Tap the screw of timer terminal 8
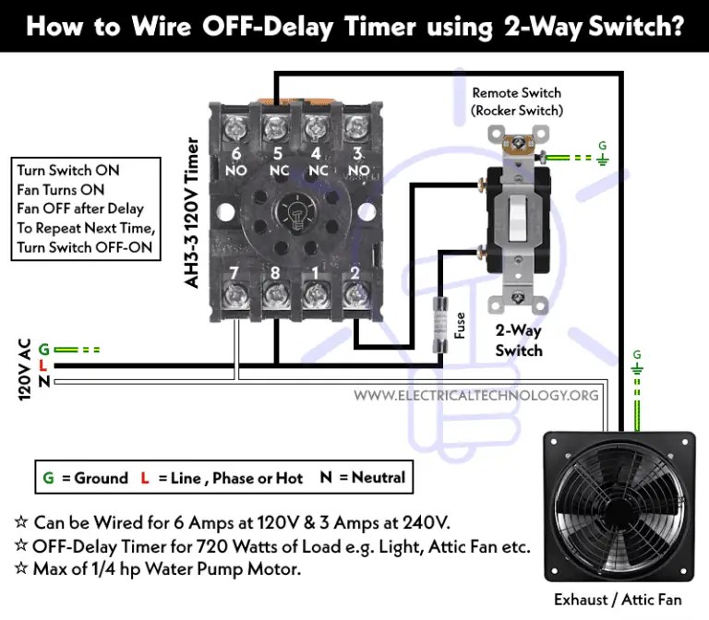point(274,295)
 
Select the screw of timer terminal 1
point(314,295)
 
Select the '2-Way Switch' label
point(518,342)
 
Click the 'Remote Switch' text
point(516,93)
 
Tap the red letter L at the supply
point(43,365)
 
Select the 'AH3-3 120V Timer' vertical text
point(193,213)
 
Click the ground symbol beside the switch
point(603,159)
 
